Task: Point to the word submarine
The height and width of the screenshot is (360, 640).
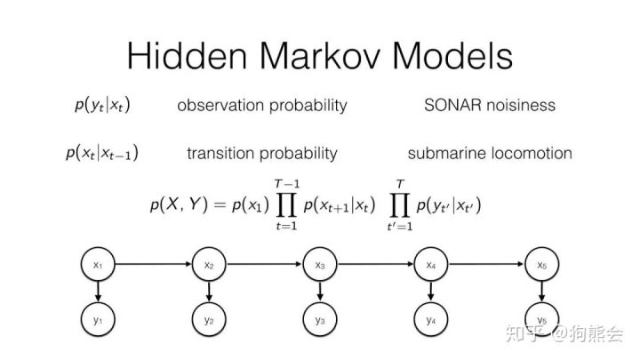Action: click(x=445, y=153)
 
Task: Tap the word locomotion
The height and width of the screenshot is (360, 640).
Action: click(x=529, y=153)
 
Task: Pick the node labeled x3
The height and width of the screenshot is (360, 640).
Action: click(x=319, y=265)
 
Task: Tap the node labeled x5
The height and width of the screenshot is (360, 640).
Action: click(x=540, y=265)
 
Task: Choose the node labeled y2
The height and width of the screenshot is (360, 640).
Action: click(x=209, y=318)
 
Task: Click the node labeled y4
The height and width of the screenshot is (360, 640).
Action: click(x=430, y=318)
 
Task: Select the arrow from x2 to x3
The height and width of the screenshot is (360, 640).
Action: click(x=264, y=265)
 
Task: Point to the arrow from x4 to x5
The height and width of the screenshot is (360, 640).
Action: click(x=485, y=265)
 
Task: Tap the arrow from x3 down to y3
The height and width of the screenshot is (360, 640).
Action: click(x=319, y=292)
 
